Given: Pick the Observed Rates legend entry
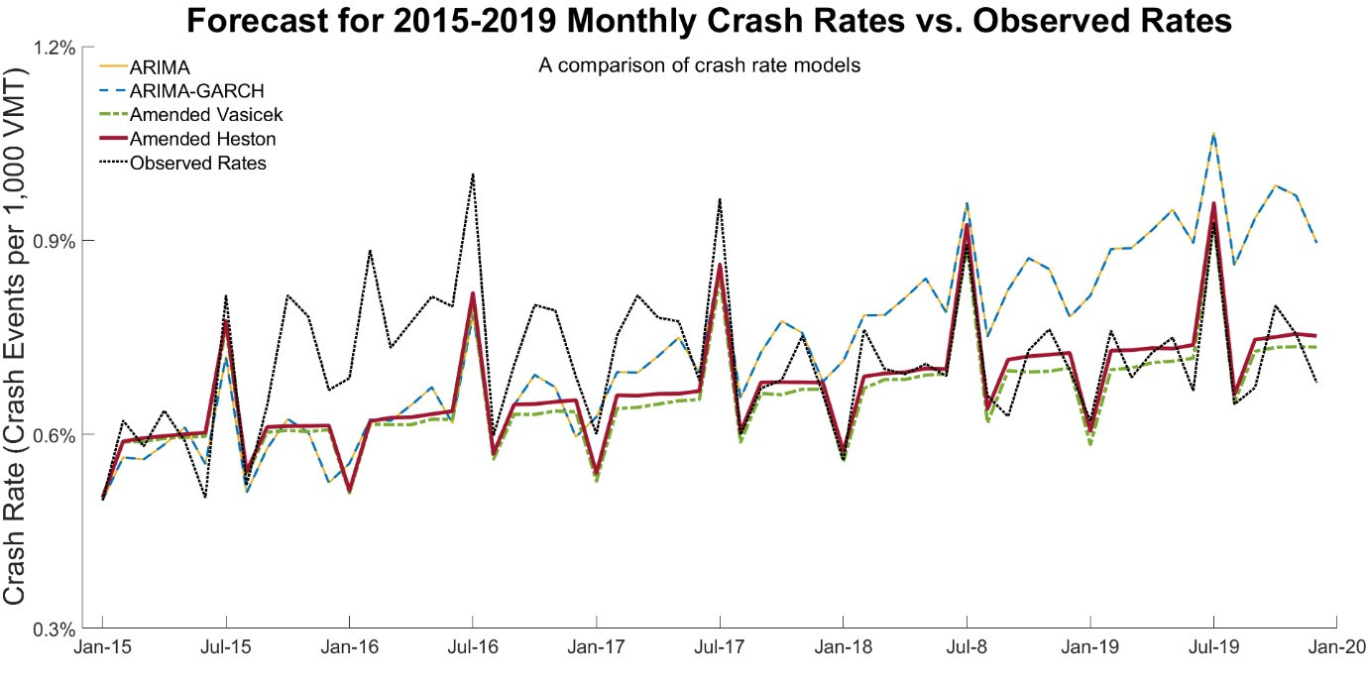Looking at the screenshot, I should click(197, 163).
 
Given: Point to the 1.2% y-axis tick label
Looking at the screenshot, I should click(57, 47).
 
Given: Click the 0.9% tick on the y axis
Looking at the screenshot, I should click(57, 241).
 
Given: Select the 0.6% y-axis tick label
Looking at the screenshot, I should click(57, 434).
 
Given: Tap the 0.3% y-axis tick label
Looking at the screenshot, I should click(57, 629).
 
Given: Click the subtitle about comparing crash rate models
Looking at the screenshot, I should click(699, 66).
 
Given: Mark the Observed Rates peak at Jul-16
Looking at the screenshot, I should click(473, 174).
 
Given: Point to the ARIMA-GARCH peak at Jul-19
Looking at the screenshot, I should click(1213, 133).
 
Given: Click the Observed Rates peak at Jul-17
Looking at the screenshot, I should click(720, 199).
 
